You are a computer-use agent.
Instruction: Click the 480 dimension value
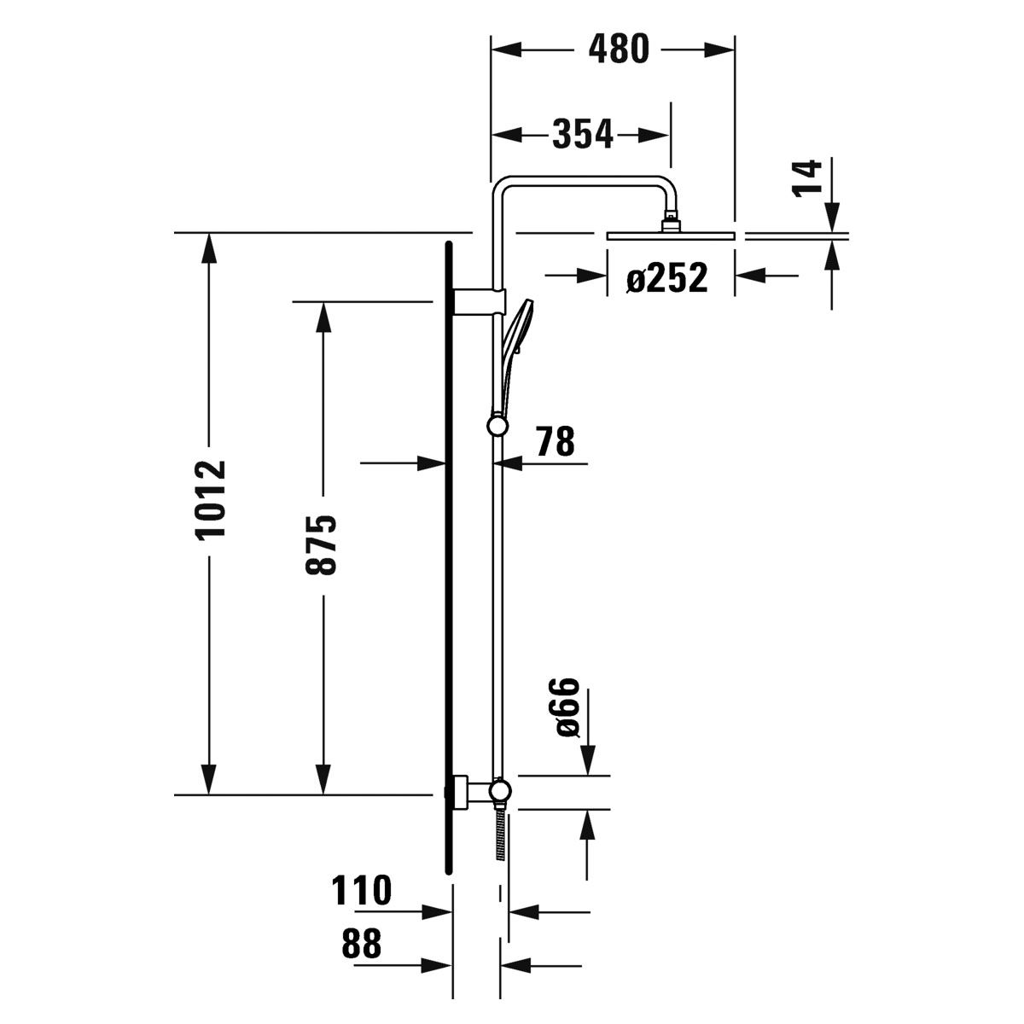619,49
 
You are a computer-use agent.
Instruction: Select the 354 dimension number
583,134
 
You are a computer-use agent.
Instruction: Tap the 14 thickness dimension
807,177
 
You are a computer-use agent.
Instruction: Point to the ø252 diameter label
666,277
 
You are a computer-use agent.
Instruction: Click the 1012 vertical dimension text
210,500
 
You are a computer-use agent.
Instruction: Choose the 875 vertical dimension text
323,545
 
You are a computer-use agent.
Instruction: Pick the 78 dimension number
555,441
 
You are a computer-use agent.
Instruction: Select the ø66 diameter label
566,707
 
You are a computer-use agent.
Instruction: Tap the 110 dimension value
362,890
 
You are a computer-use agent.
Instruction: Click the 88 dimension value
361,944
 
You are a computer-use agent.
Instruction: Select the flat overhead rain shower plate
670,235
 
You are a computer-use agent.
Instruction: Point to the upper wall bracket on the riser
479,302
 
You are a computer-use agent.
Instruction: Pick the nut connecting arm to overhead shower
672,222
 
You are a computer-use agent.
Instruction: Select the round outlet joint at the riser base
500,791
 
